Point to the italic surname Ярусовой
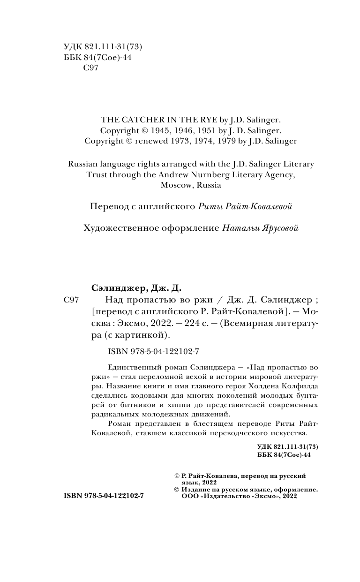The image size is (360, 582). [x=278, y=228]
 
